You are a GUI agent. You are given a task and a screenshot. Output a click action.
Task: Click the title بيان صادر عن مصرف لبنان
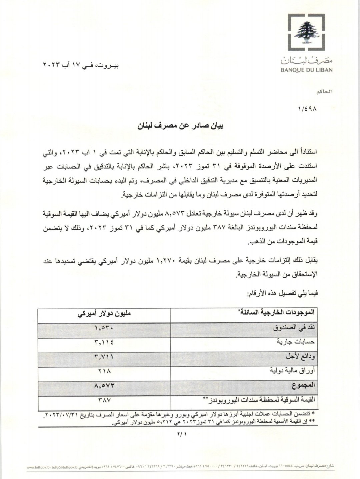point(180,126)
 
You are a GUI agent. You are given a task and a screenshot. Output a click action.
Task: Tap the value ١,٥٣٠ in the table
point(104,328)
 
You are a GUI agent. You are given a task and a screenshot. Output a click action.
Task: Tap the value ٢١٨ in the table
point(104,371)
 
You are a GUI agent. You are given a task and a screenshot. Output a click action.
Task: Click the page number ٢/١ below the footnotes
point(180,434)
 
